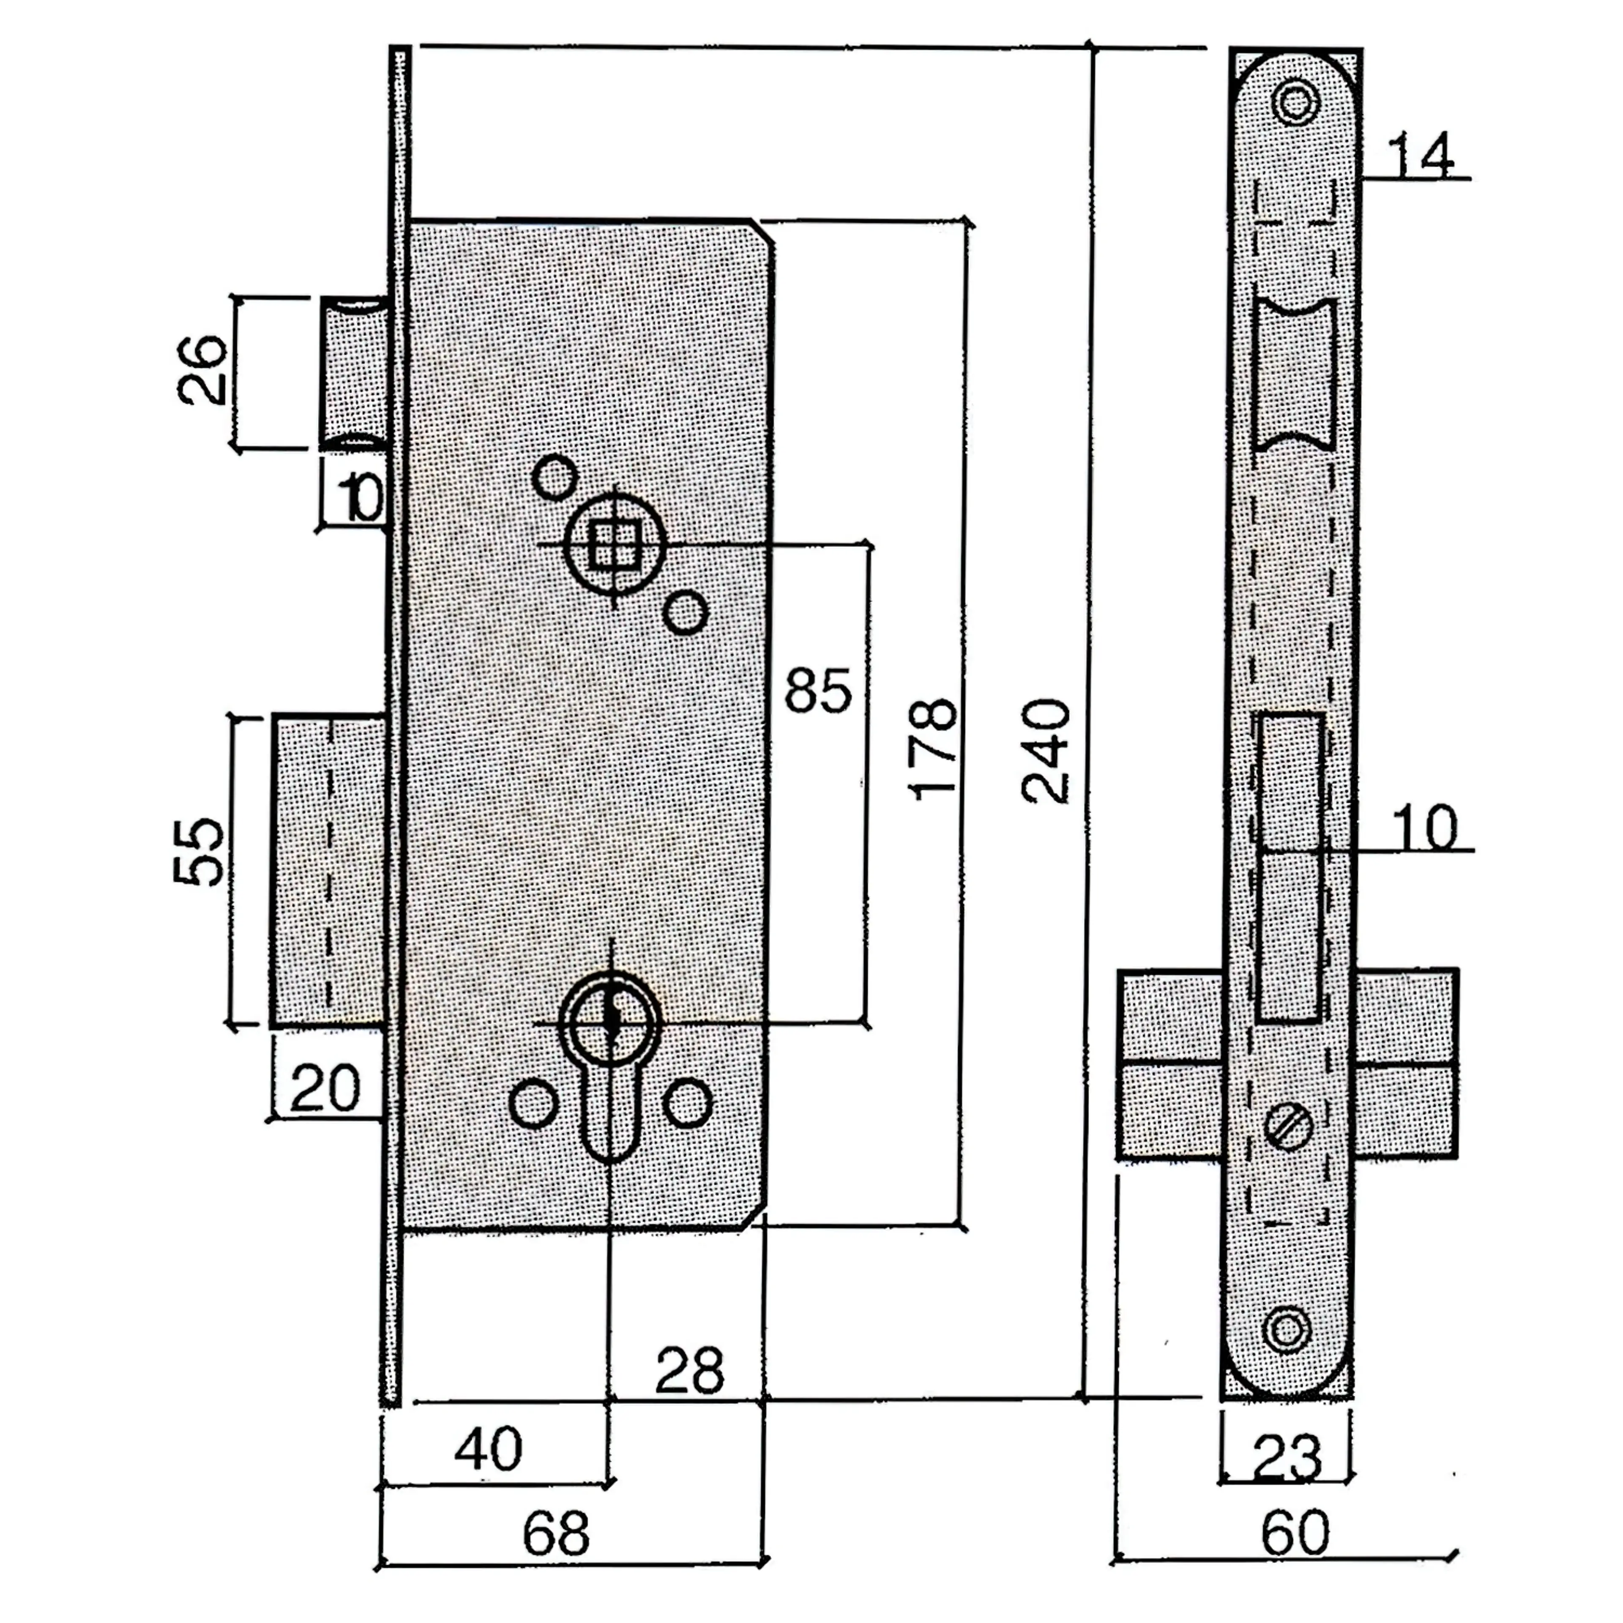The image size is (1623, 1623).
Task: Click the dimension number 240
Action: click(x=1046, y=750)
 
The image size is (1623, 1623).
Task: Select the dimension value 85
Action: click(x=817, y=691)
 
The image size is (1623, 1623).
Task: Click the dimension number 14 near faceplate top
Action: click(x=1420, y=156)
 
